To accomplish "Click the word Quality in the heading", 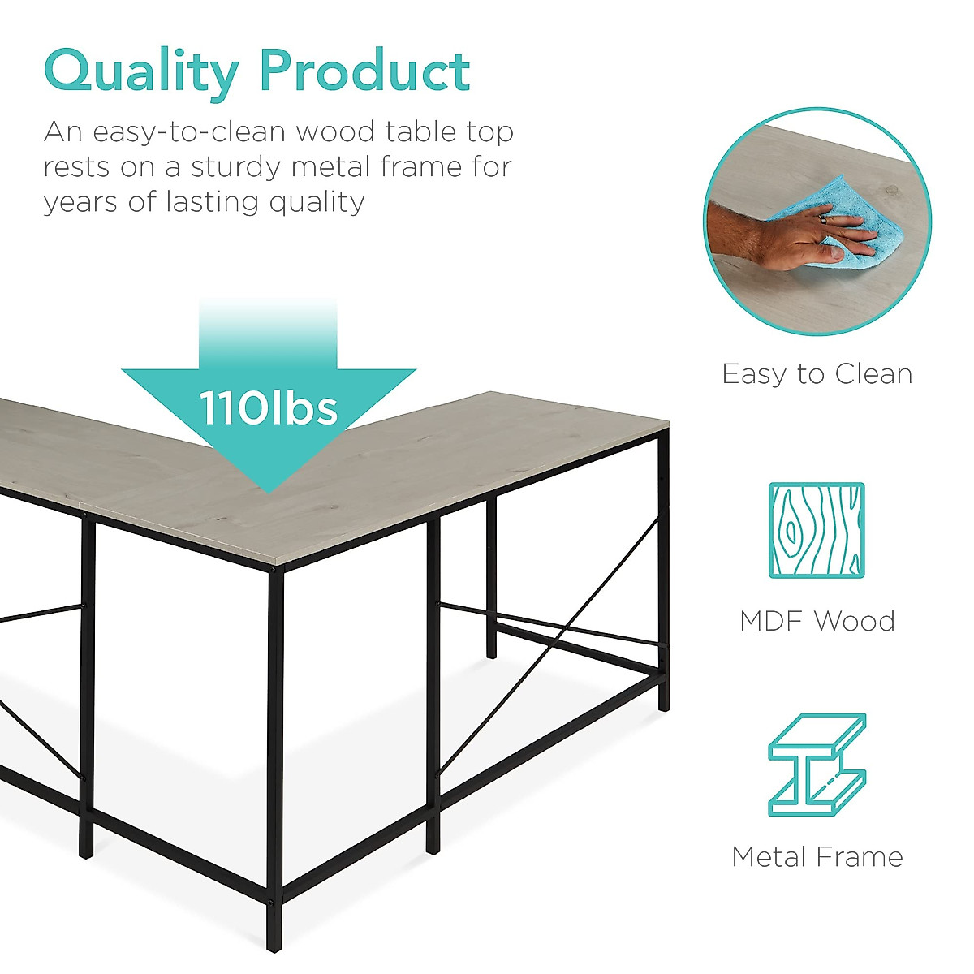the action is click(141, 74).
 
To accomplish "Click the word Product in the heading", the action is click(365, 70).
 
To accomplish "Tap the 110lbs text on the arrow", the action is click(269, 408).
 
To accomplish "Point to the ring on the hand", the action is click(823, 219).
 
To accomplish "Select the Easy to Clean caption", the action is click(817, 374).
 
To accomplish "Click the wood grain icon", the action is click(817, 530).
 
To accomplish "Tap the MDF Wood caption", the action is click(817, 621).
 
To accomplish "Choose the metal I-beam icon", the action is click(817, 765).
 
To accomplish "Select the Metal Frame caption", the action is click(817, 857).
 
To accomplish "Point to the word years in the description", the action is click(81, 203).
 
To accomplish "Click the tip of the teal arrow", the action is click(269, 493).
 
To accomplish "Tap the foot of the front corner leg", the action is click(274, 947).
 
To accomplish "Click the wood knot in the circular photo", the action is click(891, 190).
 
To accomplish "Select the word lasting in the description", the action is click(214, 203).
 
